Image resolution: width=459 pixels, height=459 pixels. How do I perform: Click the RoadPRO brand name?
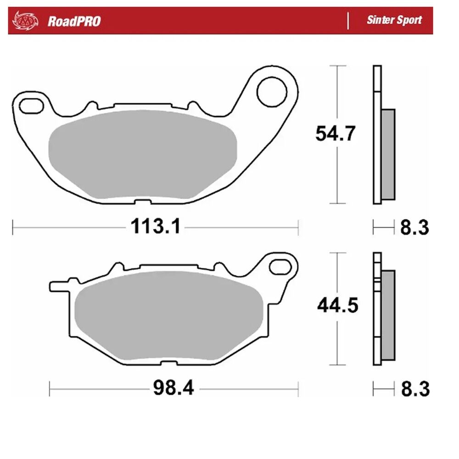click(x=74, y=21)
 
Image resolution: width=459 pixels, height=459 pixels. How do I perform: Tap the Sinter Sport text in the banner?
click(x=394, y=20)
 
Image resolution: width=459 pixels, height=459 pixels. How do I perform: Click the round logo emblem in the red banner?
click(x=25, y=21)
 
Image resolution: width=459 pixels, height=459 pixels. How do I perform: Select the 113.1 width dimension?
click(x=156, y=226)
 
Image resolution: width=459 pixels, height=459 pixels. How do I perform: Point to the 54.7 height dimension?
click(x=335, y=134)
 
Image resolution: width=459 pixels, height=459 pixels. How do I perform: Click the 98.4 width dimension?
click(x=174, y=388)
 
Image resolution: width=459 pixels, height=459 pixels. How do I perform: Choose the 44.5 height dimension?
click(x=337, y=305)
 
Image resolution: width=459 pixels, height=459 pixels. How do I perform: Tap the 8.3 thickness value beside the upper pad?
click(x=414, y=227)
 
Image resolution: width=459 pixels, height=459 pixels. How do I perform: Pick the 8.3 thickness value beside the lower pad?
click(x=415, y=389)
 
